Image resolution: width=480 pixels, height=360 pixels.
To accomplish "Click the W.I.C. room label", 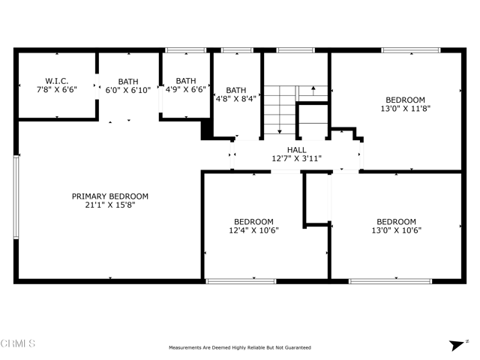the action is pyautogui.click(x=57, y=81).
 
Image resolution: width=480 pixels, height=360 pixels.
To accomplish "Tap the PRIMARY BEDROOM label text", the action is pyautogui.click(x=110, y=196).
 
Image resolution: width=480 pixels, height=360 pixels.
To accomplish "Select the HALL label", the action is pyautogui.click(x=297, y=150).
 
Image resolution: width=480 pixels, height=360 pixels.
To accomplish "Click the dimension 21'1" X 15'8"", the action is pyautogui.click(x=110, y=205).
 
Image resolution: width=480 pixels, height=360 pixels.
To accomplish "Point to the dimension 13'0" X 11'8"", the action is pyautogui.click(x=405, y=108).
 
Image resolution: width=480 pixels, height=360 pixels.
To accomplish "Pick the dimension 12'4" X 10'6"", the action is pyautogui.click(x=253, y=230).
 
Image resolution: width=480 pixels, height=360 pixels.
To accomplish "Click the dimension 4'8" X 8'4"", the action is pyautogui.click(x=236, y=99).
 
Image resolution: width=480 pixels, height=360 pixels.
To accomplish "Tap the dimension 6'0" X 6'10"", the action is pyautogui.click(x=128, y=90).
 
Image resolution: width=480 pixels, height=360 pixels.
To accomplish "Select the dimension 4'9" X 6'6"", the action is pyautogui.click(x=186, y=89).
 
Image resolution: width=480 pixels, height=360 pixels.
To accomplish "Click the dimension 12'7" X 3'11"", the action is pyautogui.click(x=297, y=158).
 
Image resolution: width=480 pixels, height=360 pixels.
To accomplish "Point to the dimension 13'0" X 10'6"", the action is pyautogui.click(x=397, y=230).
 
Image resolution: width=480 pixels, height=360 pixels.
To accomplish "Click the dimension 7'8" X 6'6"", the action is pyautogui.click(x=57, y=90).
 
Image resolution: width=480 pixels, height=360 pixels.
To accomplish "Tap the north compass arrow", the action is pyautogui.click(x=457, y=345).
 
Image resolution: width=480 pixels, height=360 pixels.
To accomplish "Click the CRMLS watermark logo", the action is pyautogui.click(x=18, y=343).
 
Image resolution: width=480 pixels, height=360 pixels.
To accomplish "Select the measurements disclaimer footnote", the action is pyautogui.click(x=240, y=348).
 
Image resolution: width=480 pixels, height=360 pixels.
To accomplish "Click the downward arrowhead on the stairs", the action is pyautogui.click(x=280, y=132).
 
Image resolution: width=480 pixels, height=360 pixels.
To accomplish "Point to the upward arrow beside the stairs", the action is pyautogui.click(x=313, y=91).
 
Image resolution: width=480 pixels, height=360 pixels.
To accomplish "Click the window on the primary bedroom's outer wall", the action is pyautogui.click(x=16, y=197).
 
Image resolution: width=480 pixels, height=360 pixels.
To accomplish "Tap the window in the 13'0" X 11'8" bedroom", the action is pyautogui.click(x=411, y=50).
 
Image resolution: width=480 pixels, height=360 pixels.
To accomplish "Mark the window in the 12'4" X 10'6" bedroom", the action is pyautogui.click(x=241, y=281).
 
